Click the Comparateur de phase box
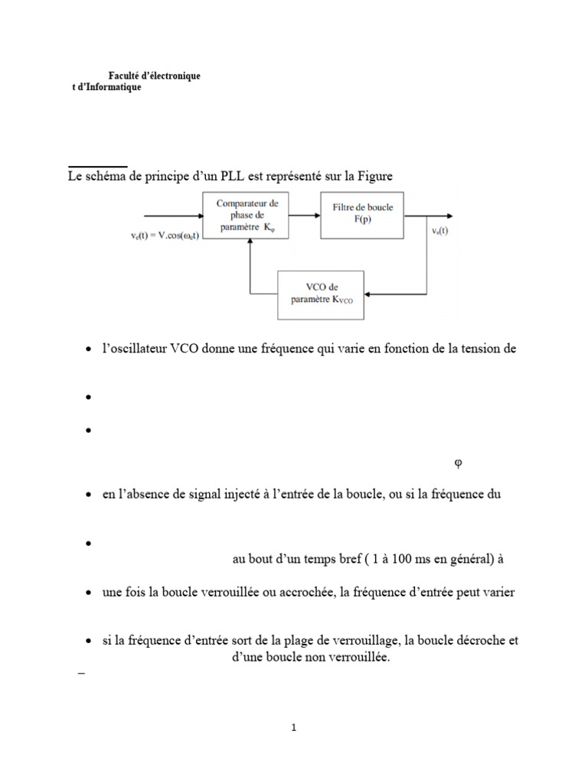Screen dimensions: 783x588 tap(247, 215)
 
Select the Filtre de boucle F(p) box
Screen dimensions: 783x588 tap(362, 215)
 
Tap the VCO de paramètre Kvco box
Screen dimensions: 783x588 tap(322, 294)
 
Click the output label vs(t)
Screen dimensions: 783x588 tap(440, 231)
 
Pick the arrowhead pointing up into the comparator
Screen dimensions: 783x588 tap(247, 242)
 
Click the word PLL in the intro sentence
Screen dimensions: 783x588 tap(230, 177)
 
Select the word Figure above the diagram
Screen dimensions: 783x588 tap(374, 177)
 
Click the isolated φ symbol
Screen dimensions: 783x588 tap(458, 463)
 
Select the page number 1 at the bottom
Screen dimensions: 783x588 tap(293, 728)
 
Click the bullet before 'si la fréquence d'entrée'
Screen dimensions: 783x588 tap(89, 642)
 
